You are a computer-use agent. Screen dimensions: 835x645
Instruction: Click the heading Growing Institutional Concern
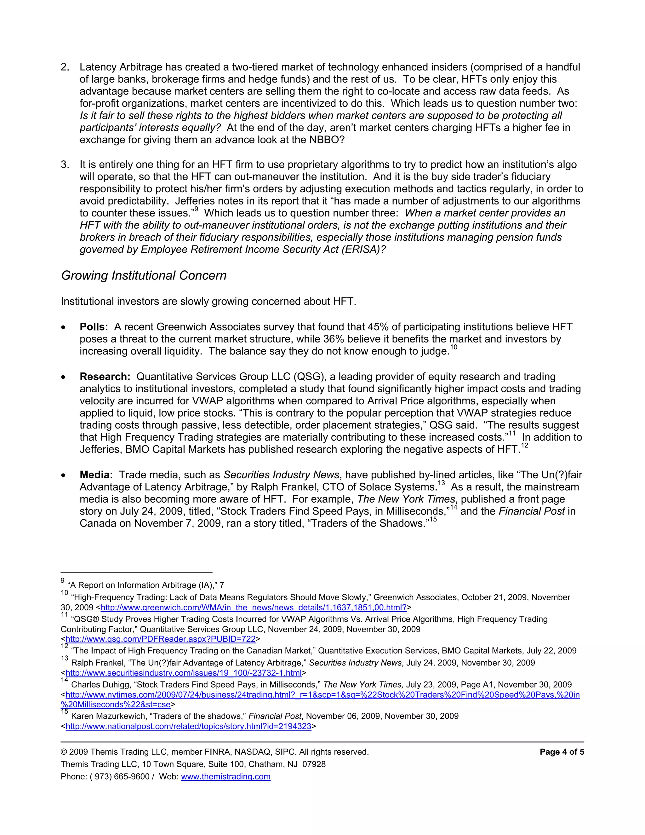(144, 276)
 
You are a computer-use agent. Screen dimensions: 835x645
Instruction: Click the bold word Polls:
(94, 327)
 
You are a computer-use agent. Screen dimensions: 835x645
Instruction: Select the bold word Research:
(105, 377)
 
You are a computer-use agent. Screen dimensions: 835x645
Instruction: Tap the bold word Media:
(96, 475)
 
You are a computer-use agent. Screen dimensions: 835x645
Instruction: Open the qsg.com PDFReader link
(161, 639)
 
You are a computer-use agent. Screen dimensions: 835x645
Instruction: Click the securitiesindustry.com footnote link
(183, 672)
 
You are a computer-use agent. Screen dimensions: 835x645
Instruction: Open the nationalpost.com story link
(188, 726)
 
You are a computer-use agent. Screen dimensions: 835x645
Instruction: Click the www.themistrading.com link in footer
(225, 776)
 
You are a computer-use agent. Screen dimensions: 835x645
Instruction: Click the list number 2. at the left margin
(65, 67)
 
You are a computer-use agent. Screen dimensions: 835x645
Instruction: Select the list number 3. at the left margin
(65, 165)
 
